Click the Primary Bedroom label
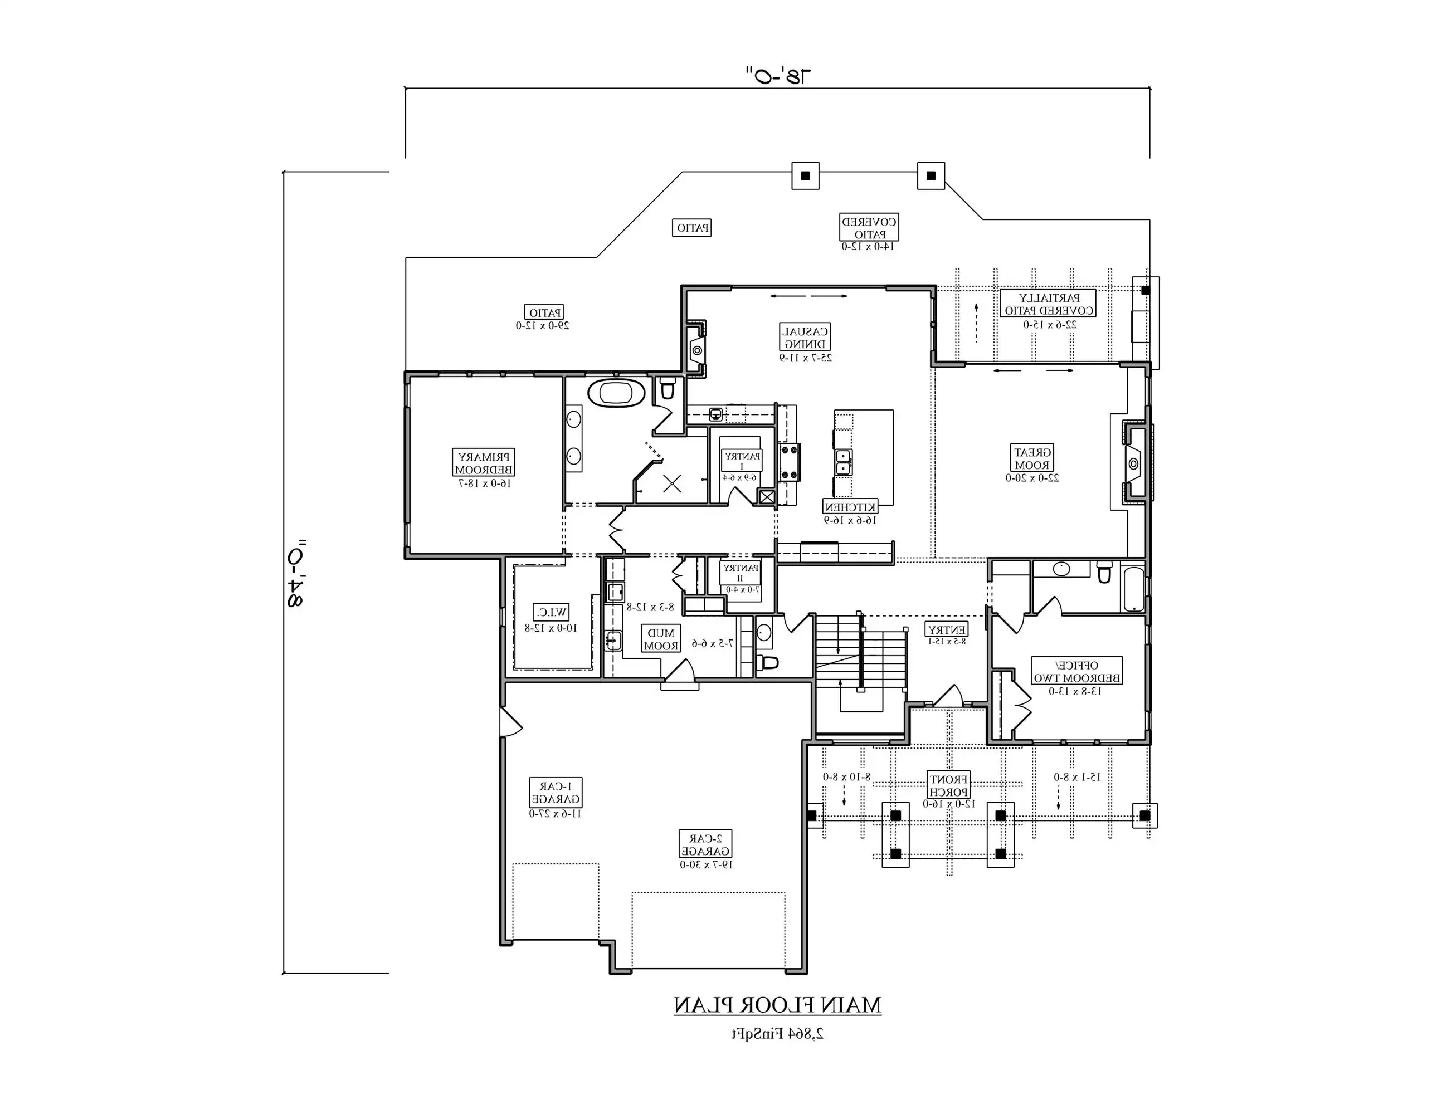(484, 463)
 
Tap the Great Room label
(1032, 458)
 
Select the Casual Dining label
(805, 337)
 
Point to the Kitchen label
(850, 507)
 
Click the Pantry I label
(742, 461)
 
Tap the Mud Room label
(661, 639)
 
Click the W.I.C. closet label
(551, 613)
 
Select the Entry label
(947, 629)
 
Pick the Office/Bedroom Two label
(1076, 671)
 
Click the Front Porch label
(948, 785)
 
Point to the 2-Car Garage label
(706, 844)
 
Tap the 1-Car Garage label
(556, 793)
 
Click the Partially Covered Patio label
(1049, 304)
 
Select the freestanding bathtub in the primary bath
(616, 393)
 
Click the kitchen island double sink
(844, 462)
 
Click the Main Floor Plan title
(777, 1006)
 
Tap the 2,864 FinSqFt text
(777, 1034)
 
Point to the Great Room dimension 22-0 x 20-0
(1032, 478)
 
